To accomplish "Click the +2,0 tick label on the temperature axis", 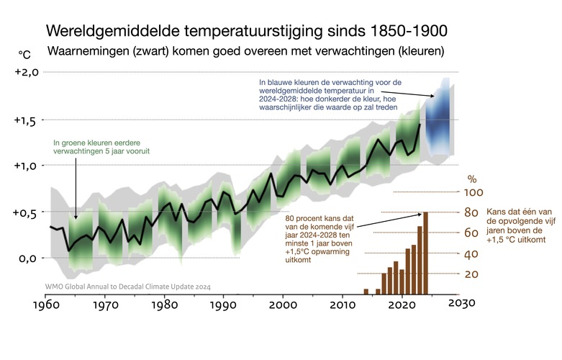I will click(x=25, y=72).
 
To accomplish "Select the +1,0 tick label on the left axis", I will click(x=25, y=166).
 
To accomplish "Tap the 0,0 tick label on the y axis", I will click(x=27, y=258).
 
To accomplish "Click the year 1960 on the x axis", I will click(x=45, y=304).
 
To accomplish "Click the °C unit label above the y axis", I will click(x=24, y=53).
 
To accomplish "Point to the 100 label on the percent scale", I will click(x=473, y=193).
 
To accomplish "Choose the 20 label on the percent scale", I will click(x=472, y=274).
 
